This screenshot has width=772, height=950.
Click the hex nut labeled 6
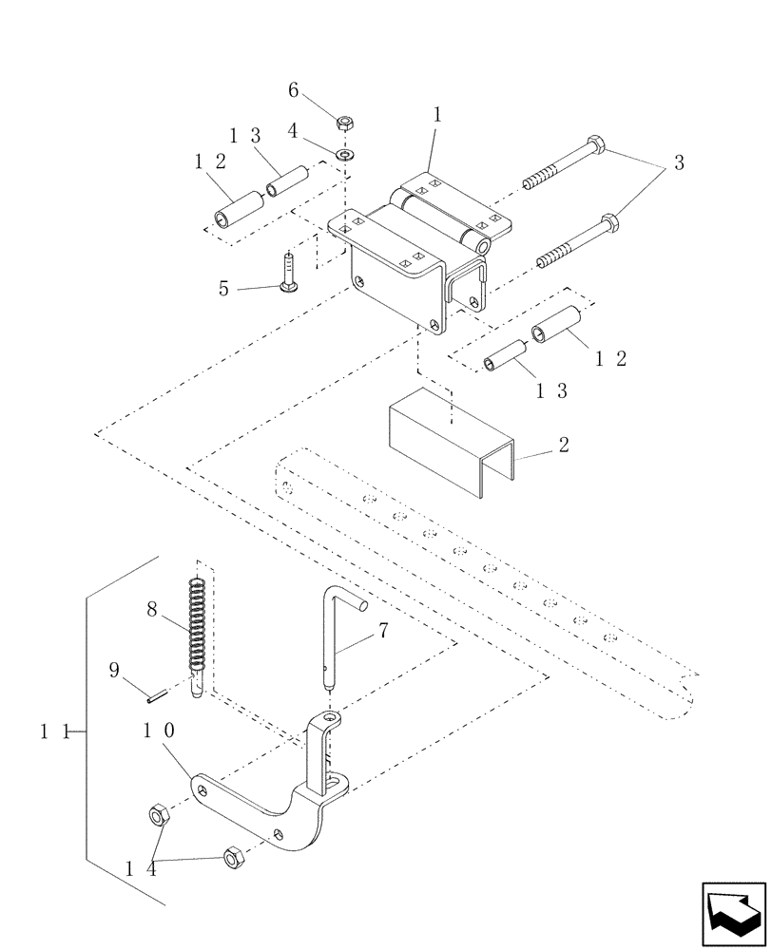pyautogui.click(x=344, y=122)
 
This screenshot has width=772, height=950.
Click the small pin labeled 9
pyautogui.click(x=158, y=695)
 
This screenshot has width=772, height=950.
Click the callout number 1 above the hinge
pyautogui.click(x=436, y=115)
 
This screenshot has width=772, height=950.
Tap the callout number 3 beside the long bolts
pyautogui.click(x=679, y=162)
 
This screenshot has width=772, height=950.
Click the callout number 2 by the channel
pyautogui.click(x=564, y=446)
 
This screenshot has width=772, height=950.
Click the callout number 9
pyautogui.click(x=114, y=671)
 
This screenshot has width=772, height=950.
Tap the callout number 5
pyautogui.click(x=224, y=287)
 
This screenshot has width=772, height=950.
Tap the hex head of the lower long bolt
pyautogui.click(x=609, y=225)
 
